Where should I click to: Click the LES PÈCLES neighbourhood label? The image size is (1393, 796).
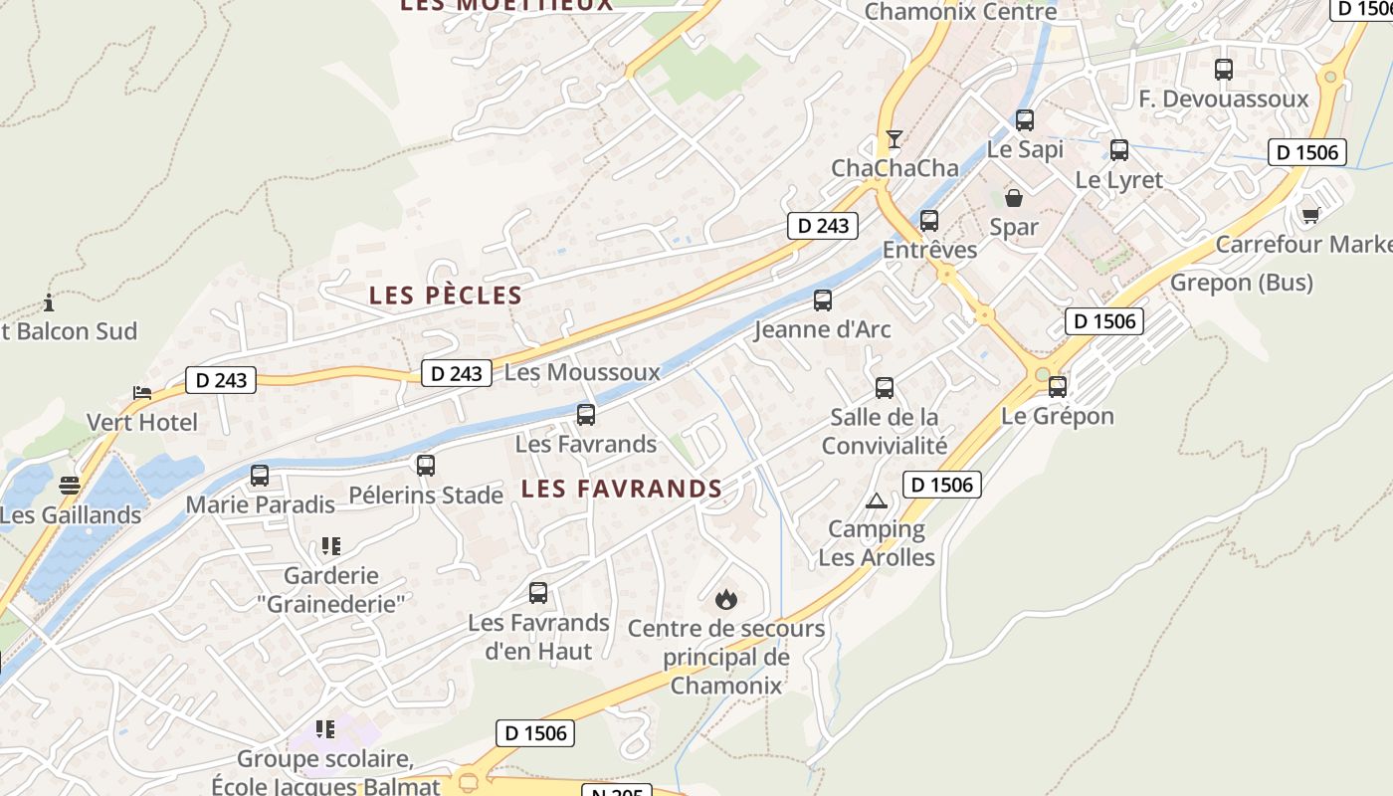coord(445,296)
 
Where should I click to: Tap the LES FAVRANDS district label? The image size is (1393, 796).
coord(621,489)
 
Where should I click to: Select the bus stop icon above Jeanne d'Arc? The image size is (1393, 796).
coord(823,299)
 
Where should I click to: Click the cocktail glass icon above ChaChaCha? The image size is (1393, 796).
coord(895,138)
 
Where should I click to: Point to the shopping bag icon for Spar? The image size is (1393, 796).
coord(1014,198)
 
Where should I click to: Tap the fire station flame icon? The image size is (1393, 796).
coord(726,599)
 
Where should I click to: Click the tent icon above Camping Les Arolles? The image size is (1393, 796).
coord(877,500)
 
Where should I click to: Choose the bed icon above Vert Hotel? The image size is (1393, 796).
coord(142,393)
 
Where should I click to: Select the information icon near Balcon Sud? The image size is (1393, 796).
coord(49,302)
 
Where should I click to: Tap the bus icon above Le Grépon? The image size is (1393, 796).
coord(1058,386)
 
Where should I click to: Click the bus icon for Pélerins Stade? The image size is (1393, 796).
coord(426,465)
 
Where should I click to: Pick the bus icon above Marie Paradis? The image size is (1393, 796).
coord(260,475)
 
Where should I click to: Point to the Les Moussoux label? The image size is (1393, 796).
coord(582,372)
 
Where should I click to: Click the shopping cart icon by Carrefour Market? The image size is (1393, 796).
coord(1310,215)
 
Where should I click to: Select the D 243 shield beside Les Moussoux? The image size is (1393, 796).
coord(458,373)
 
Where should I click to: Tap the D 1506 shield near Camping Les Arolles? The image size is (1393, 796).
coord(942,485)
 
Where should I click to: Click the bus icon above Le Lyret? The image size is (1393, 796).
coord(1119,150)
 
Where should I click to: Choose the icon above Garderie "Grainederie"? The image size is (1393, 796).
coord(330,545)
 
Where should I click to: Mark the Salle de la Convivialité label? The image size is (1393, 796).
coord(885,430)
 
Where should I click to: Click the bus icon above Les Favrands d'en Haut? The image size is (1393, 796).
coord(538,593)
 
